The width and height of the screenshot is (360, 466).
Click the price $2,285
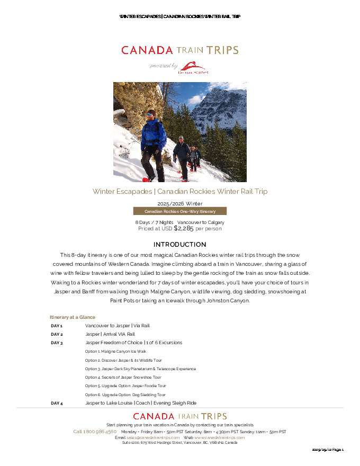184,228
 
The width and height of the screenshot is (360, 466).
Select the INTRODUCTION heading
180,245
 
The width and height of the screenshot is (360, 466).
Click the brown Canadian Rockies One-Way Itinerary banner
180,211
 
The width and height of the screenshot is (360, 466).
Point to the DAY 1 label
57,326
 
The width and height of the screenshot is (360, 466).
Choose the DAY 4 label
57,403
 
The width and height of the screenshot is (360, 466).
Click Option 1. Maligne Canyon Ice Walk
115,352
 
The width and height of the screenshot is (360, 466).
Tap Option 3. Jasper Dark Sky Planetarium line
140,369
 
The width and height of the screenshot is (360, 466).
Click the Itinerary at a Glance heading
73,317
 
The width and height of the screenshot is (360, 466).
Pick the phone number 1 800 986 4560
95,432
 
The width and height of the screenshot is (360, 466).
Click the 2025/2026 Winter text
180,203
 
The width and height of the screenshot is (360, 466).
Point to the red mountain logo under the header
193,67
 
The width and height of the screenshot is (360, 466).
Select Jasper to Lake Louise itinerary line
141,403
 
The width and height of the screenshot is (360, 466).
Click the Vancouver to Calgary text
201,222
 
